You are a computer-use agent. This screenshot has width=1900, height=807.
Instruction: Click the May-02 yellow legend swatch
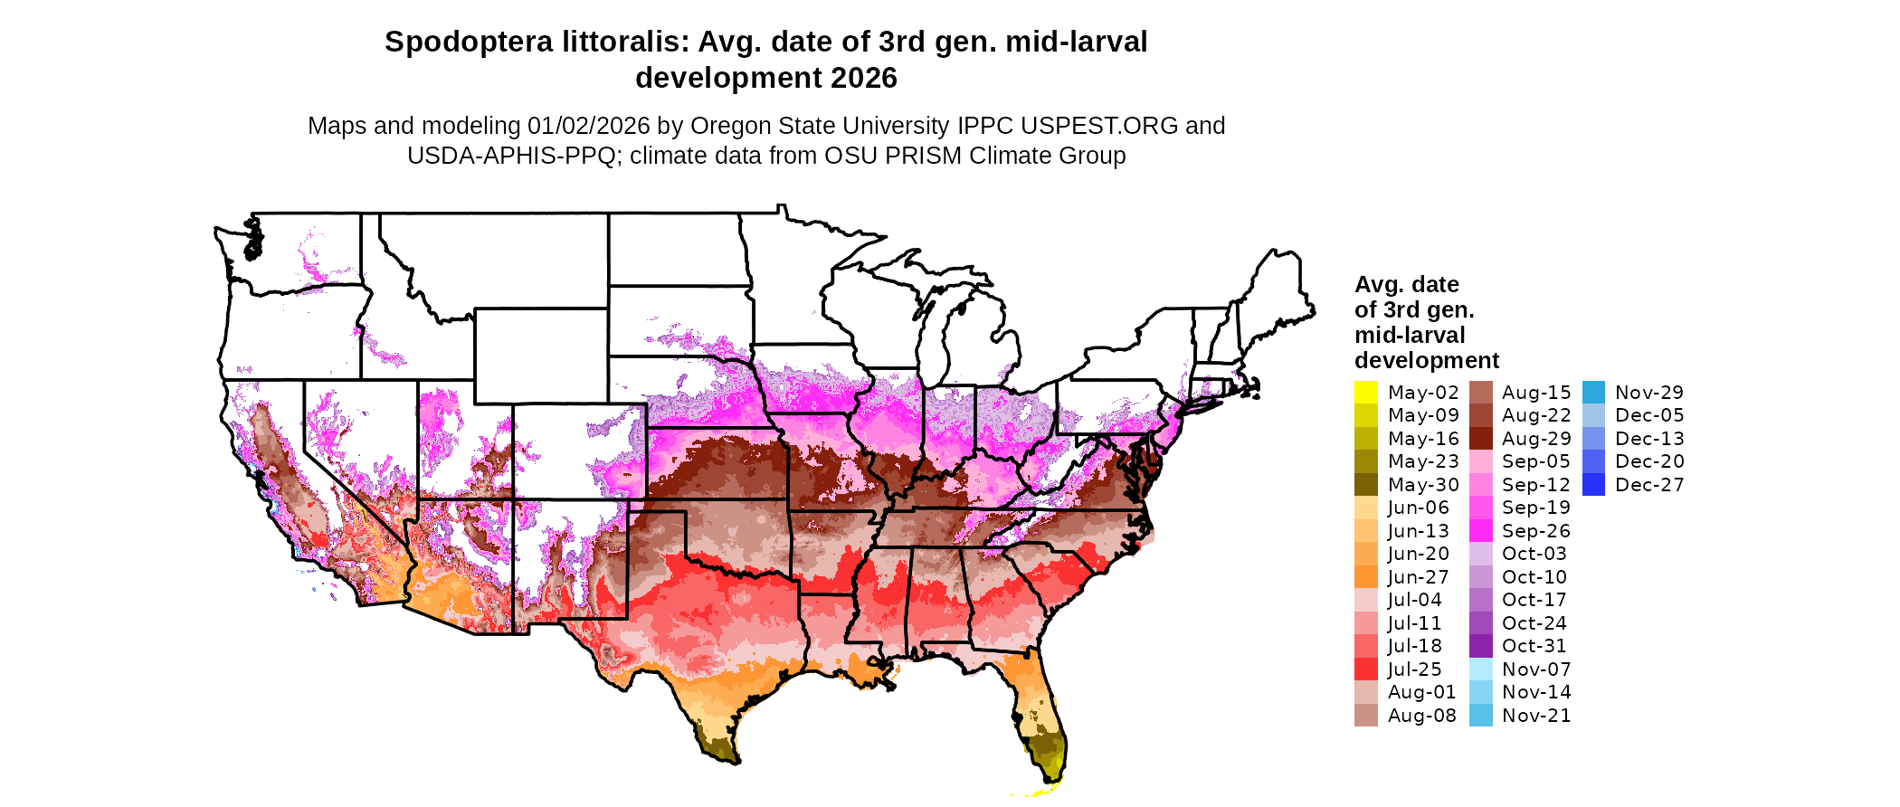pos(1365,393)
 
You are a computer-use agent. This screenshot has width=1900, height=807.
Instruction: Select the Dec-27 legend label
pos(1649,485)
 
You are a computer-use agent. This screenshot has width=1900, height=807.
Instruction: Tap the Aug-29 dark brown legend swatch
pos(1480,439)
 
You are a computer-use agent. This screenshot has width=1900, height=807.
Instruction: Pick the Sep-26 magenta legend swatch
pos(1480,531)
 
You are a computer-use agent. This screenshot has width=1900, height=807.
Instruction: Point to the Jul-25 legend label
pos(1415,669)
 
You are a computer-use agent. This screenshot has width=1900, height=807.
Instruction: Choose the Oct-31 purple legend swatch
pos(1480,646)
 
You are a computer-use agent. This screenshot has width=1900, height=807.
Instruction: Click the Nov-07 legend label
pos(1536,669)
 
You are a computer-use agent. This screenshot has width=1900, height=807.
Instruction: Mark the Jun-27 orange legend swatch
pos(1365,577)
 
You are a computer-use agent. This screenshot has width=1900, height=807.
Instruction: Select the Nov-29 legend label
pos(1649,393)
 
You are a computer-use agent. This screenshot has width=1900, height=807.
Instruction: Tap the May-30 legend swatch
pos(1365,485)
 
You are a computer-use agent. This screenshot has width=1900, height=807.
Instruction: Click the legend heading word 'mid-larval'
pos(1410,336)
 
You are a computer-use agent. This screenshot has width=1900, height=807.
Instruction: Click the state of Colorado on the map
pos(579,451)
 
